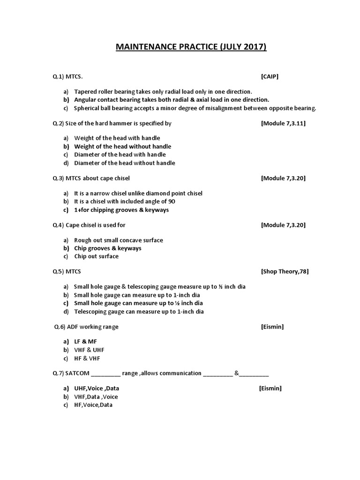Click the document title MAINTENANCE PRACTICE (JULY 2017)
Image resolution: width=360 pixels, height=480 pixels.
point(191,47)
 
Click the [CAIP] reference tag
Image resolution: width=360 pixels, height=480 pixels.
point(270,76)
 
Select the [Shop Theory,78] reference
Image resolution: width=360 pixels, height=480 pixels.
point(285,271)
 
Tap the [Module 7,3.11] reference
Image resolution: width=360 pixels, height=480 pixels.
point(283,123)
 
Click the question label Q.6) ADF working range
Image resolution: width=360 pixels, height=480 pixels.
point(86,327)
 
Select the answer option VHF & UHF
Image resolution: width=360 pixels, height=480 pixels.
point(89,350)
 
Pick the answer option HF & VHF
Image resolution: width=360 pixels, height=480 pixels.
point(87,359)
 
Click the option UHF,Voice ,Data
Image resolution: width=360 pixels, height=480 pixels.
point(99,389)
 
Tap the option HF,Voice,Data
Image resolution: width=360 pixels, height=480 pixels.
point(93,405)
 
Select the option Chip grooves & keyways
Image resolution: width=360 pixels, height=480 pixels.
point(107,248)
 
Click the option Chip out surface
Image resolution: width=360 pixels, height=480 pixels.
point(96,256)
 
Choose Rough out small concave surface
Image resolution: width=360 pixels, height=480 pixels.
point(118,240)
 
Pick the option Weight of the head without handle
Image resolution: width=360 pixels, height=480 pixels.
point(122,146)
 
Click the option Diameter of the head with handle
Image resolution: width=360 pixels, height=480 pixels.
point(120,155)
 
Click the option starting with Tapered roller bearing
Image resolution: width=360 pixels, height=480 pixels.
point(163,91)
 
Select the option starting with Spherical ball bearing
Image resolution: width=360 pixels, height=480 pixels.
point(195,108)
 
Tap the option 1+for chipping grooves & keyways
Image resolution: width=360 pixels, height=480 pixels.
point(121,210)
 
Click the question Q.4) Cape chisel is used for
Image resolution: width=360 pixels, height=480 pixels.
point(89,225)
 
